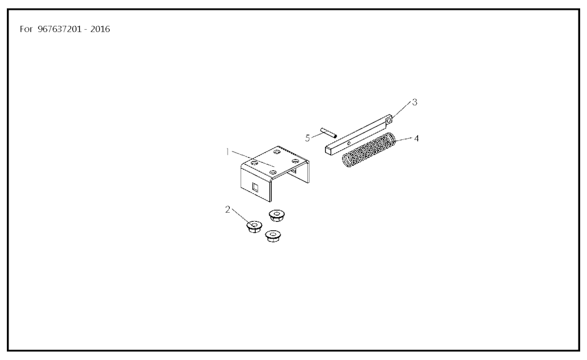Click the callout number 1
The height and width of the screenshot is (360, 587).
(227, 151)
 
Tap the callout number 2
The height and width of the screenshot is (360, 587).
(228, 210)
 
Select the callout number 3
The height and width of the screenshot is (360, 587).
(414, 102)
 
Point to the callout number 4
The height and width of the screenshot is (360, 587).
(416, 139)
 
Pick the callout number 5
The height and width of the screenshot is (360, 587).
(307, 138)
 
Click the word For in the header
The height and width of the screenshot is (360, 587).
(26, 29)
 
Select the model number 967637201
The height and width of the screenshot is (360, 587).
(60, 29)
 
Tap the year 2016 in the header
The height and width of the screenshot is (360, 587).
(100, 29)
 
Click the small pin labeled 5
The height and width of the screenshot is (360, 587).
(328, 132)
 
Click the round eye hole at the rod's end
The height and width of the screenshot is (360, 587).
(389, 120)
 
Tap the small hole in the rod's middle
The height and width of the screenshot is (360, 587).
(349, 143)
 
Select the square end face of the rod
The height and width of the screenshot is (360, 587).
(328, 150)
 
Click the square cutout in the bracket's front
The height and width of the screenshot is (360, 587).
(255, 187)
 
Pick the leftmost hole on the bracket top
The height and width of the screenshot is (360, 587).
(255, 163)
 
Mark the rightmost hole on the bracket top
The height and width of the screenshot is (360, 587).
(295, 161)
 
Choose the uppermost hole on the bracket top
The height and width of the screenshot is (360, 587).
(277, 152)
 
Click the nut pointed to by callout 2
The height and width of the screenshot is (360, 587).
(254, 227)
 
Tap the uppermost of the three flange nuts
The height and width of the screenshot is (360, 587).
(277, 215)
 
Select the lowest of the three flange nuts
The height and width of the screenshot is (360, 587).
(273, 236)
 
